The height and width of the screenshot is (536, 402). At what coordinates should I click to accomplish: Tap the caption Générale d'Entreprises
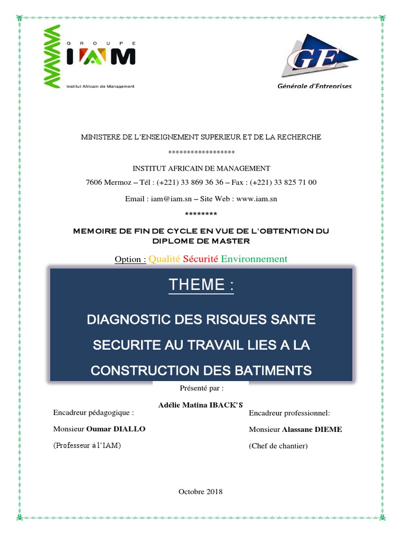point(314,86)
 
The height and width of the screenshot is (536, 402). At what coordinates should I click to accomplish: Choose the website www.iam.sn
point(256,199)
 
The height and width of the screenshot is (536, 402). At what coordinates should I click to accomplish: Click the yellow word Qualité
point(164,259)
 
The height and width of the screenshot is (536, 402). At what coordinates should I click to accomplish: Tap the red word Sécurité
point(200,259)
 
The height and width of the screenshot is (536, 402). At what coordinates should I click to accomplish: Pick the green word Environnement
point(254,259)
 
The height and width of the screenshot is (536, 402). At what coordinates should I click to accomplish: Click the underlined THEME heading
point(201,285)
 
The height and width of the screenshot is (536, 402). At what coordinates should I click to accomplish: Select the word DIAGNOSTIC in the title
point(129,319)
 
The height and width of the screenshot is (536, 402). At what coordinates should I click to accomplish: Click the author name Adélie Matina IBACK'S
point(201,404)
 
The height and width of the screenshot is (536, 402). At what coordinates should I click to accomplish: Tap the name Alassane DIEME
point(312,429)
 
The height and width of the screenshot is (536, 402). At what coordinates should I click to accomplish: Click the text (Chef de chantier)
point(278,446)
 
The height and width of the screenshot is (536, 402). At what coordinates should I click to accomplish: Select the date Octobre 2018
point(200,492)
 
